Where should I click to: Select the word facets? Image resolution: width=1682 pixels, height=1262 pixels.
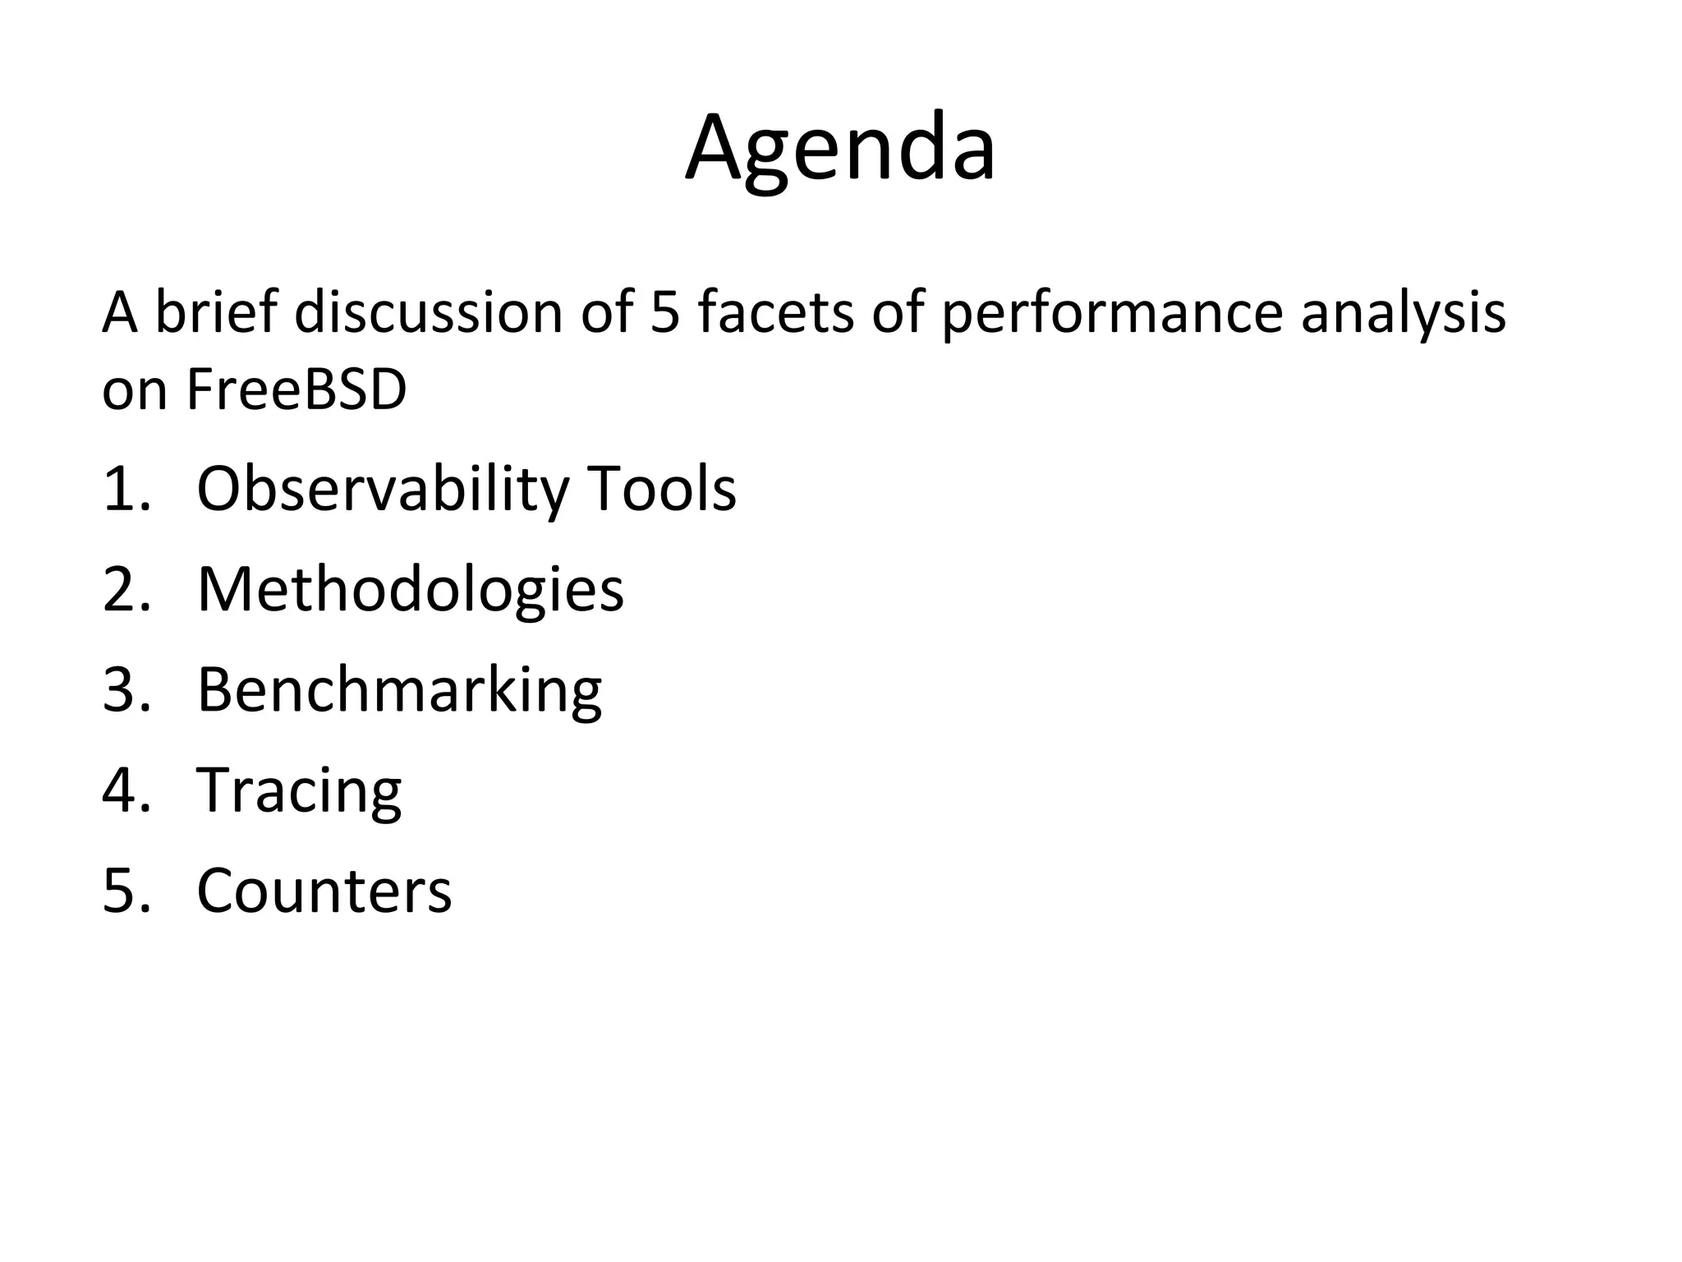[776, 313]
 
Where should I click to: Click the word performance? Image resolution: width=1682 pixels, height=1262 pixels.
[1112, 315]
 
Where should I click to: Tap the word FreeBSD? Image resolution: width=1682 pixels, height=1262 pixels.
[296, 389]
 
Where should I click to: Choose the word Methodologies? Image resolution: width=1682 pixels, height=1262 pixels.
[410, 591]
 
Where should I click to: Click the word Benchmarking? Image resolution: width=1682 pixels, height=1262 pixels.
[399, 691]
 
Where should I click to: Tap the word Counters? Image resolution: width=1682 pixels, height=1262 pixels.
[324, 891]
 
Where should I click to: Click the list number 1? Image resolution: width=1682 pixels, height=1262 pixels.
[126, 490]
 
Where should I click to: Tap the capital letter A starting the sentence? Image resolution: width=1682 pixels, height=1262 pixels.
[120, 313]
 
